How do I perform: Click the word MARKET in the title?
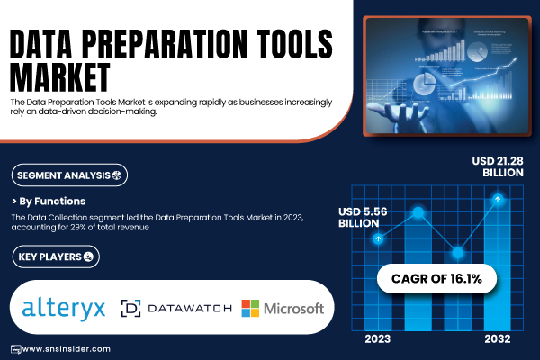click(60, 77)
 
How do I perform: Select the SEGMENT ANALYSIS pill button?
click(69, 175)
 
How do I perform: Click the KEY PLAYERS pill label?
click(56, 256)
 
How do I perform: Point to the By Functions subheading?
click(49, 202)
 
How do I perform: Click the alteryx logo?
click(64, 308)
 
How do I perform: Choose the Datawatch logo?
click(176, 308)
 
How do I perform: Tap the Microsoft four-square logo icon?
click(250, 308)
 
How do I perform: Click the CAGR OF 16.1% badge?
click(436, 279)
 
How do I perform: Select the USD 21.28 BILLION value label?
click(498, 166)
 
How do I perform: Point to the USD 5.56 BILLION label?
click(363, 218)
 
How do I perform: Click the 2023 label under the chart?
click(378, 339)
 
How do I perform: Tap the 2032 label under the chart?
click(498, 339)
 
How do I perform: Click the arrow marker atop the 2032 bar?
click(498, 199)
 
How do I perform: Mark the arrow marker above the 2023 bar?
click(378, 238)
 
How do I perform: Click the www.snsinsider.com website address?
click(66, 349)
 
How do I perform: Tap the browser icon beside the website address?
click(16, 349)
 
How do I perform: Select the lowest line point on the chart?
click(458, 253)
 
